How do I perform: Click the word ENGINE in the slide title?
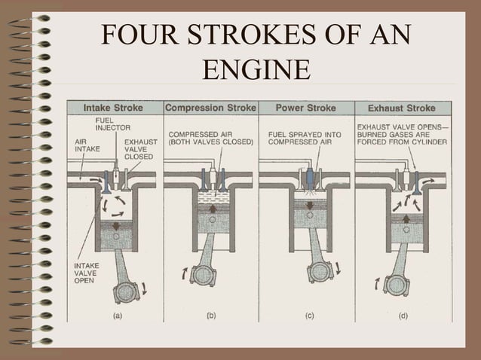click(257, 70)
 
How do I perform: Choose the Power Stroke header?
click(305, 108)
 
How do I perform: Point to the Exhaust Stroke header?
click(401, 108)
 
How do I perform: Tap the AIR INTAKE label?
click(86, 145)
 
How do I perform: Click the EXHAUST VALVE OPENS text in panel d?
click(400, 127)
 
